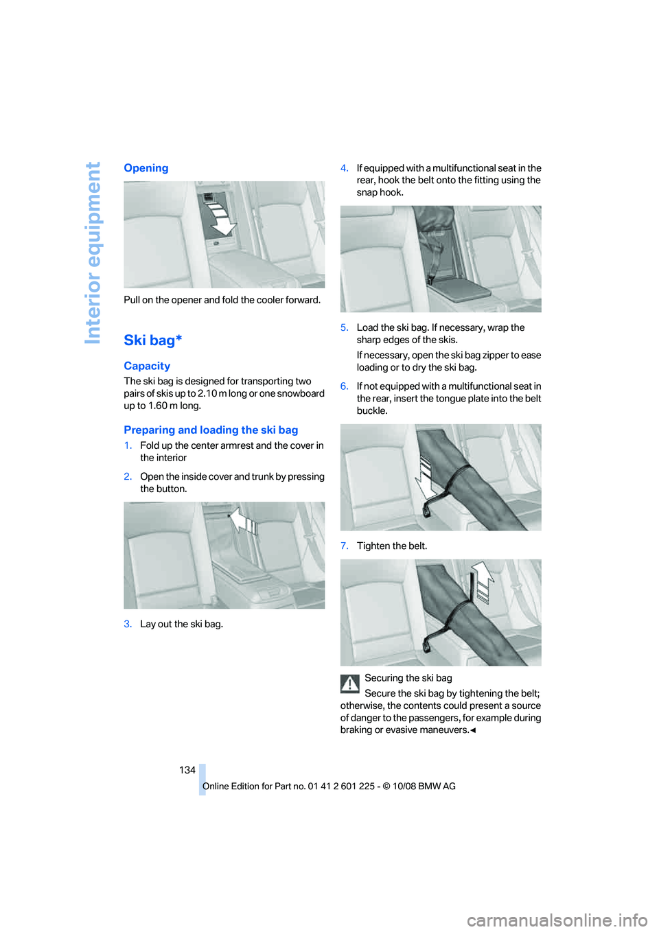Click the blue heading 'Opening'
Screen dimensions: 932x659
(x=146, y=168)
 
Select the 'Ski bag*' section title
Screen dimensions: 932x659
(x=152, y=340)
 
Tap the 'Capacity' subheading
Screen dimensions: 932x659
(x=147, y=366)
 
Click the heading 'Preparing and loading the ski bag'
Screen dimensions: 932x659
(x=211, y=430)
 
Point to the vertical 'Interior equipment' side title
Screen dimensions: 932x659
(x=93, y=253)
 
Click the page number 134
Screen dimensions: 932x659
(x=187, y=770)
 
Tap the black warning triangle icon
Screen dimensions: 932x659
(x=350, y=684)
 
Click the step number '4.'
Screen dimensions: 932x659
(x=345, y=168)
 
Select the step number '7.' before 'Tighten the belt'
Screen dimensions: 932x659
(x=345, y=546)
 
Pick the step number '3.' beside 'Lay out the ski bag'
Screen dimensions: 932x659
(x=128, y=625)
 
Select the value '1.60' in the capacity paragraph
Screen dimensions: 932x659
(x=158, y=406)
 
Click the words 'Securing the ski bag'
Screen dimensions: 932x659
(x=408, y=678)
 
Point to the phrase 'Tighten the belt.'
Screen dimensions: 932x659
(x=392, y=546)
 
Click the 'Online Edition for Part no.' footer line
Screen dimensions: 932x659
(x=329, y=787)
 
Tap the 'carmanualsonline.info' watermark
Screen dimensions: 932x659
(x=557, y=920)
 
